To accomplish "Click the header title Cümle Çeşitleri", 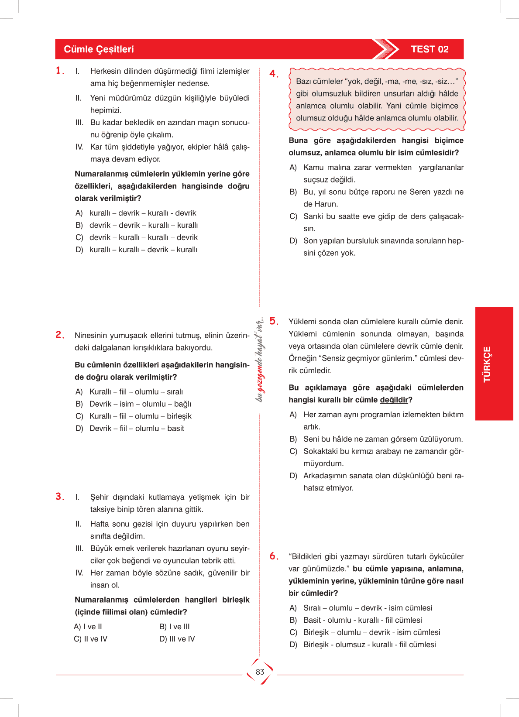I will tap(99, 49).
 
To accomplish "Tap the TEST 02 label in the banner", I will tap(430, 49).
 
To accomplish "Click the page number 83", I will tap(260, 672).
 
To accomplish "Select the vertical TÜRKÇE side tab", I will tap(487, 364).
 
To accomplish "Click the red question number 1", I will tap(60, 71).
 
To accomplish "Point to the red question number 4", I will tap(274, 74).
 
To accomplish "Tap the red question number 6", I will tap(274, 556).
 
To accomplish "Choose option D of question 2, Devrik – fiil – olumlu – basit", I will tap(137, 429).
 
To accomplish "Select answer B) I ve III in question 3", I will tap(175, 627).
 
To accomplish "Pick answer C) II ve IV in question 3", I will tap(91, 639).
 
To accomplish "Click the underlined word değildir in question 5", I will tap(394, 400).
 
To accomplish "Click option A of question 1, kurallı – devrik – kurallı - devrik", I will tap(143, 213).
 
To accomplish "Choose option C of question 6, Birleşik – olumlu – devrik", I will tap(371, 632).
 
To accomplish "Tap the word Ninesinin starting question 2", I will tap(90, 336).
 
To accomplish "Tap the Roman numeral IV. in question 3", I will tap(79, 573).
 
